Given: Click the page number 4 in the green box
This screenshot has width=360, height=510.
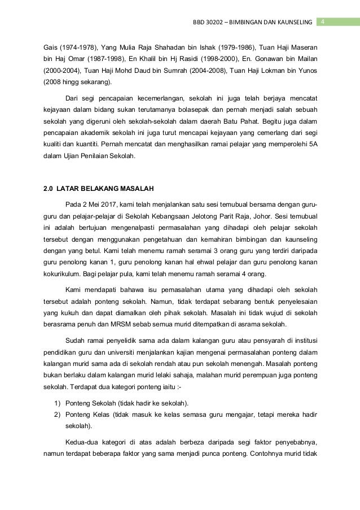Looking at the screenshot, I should [x=323, y=21].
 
